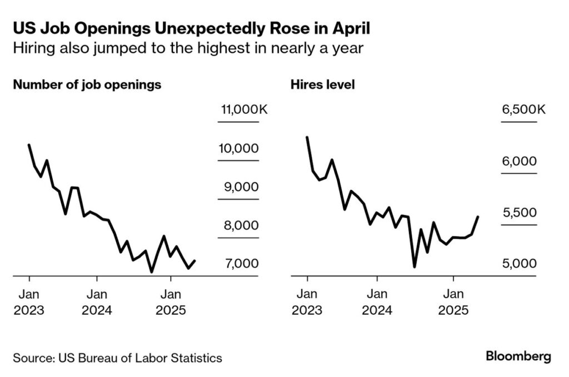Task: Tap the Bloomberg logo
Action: [x=518, y=356]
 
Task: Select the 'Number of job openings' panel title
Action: [x=87, y=85]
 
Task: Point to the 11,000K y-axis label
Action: [x=243, y=109]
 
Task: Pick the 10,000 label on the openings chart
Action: [x=238, y=148]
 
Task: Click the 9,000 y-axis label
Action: [x=238, y=187]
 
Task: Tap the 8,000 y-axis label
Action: [x=238, y=225]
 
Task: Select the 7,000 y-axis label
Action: [x=238, y=263]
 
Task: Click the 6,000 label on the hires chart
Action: [x=520, y=162]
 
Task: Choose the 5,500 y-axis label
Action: [x=520, y=213]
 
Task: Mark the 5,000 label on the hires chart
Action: [x=520, y=263]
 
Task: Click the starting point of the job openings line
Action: [x=29, y=145]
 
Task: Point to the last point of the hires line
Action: [x=478, y=217]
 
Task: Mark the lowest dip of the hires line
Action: [x=415, y=267]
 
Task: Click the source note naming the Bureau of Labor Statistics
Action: [x=117, y=358]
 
